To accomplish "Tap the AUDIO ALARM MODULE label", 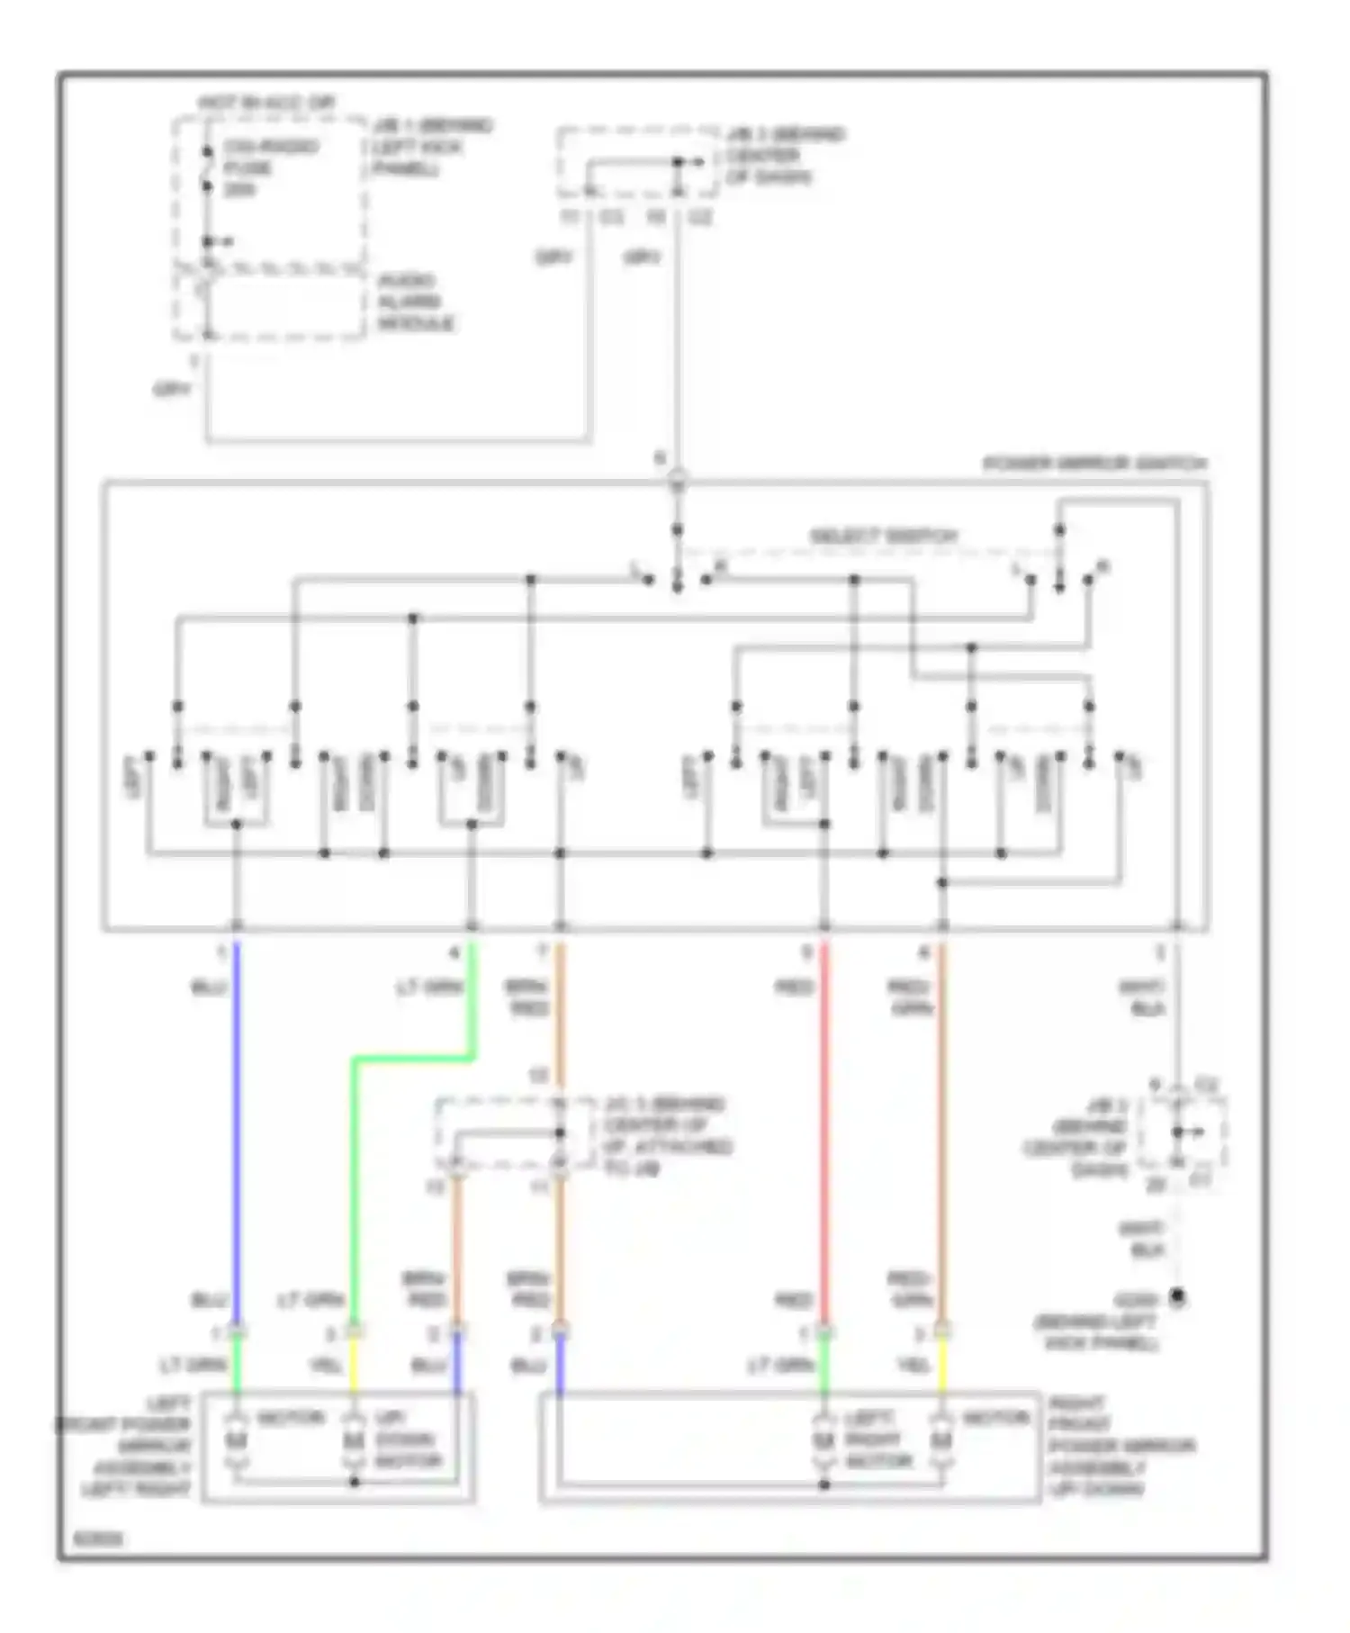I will (x=415, y=302).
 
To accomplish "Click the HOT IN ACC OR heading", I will (x=266, y=104).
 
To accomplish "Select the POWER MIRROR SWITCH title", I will (x=1093, y=465).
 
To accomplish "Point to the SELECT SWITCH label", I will (x=883, y=537).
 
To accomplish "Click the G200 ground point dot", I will (x=1176, y=1297).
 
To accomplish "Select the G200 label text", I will (x=1135, y=1301).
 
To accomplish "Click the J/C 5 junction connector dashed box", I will (x=513, y=1133).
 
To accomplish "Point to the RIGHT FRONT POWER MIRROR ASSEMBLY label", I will (x=1120, y=1446).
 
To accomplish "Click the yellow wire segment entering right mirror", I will (x=942, y=1364).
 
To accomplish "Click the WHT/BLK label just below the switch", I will (x=1144, y=997).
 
